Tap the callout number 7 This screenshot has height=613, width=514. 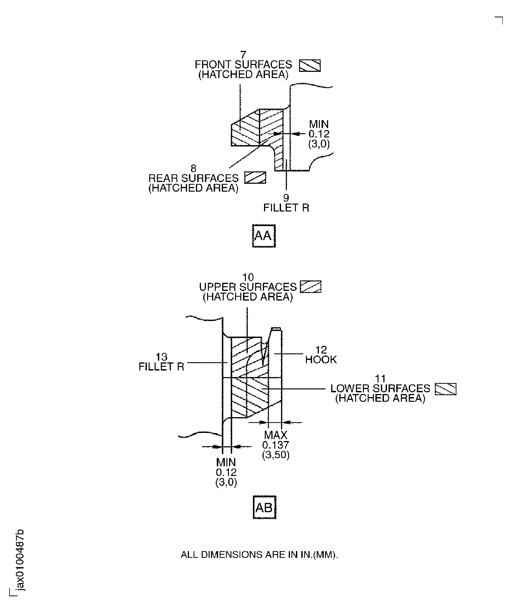coord(243,55)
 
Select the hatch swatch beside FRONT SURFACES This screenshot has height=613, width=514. coord(310,65)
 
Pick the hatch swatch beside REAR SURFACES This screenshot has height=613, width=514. coord(255,178)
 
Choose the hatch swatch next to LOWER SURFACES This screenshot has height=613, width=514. coord(445,389)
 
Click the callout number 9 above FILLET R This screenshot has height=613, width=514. coord(286,198)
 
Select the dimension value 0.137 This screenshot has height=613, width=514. coord(276,445)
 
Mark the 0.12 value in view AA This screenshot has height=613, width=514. coord(319,134)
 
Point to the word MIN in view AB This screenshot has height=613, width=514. coord(226,462)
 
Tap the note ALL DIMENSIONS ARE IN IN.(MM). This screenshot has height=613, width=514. coord(259,555)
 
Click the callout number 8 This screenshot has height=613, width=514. coord(193,168)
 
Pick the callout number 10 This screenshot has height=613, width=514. coord(248,277)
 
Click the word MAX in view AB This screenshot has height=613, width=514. coord(276,435)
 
